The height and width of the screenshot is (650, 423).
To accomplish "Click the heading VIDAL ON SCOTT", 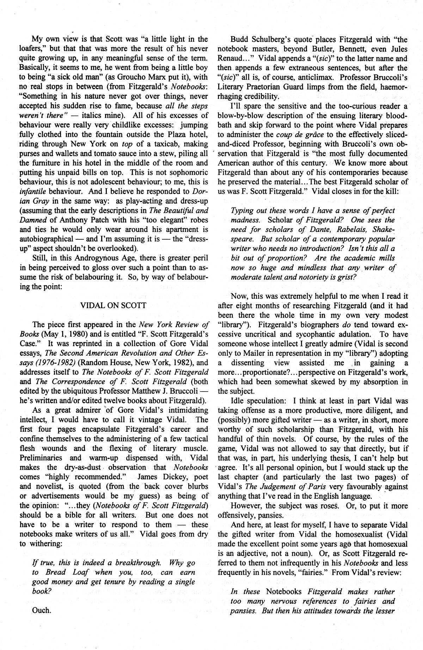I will tap(114, 305).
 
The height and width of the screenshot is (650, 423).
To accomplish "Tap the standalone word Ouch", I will tap(42, 610).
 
